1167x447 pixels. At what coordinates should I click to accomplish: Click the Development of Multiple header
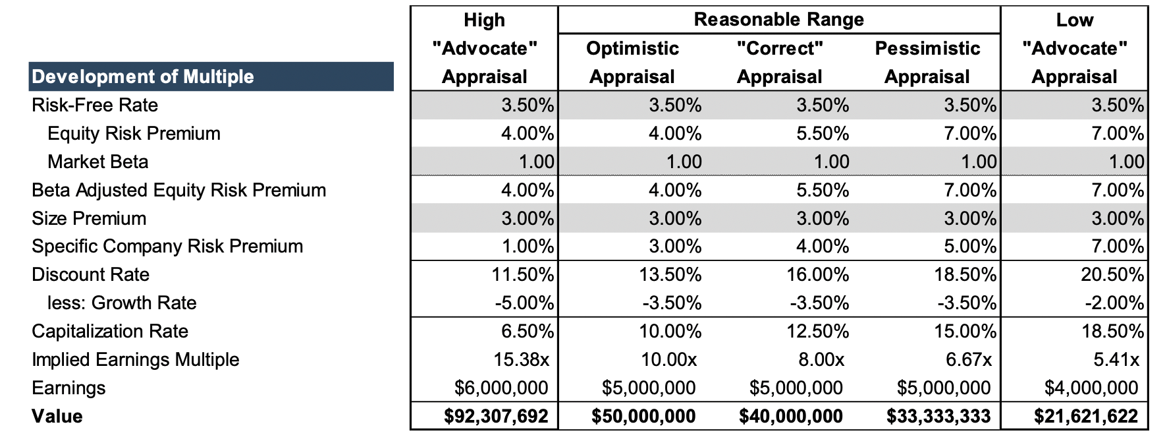(143, 76)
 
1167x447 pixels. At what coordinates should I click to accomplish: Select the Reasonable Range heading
(778, 20)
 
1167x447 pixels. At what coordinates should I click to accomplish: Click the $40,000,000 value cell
(790, 416)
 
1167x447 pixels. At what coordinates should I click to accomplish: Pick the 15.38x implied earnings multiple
(521, 359)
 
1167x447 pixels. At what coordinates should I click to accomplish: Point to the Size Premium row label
(89, 218)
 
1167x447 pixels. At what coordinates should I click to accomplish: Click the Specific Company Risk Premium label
(167, 246)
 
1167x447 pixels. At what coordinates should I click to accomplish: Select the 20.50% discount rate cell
(1112, 274)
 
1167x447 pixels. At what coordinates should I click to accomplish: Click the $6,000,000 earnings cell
(501, 388)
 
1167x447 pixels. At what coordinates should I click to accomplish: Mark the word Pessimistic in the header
(927, 48)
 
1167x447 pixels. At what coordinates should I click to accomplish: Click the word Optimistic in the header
(632, 48)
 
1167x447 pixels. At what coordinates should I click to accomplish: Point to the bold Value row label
(57, 416)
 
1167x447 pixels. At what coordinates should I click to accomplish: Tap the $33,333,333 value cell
(938, 416)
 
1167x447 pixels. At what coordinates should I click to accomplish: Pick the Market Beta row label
(97, 162)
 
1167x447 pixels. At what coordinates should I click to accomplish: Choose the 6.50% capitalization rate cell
(527, 331)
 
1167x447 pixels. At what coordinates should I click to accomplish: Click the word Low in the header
(1074, 20)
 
